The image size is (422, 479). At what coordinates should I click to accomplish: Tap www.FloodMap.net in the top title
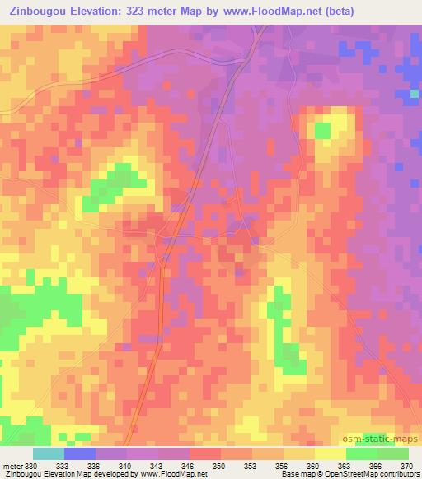pos(292,12)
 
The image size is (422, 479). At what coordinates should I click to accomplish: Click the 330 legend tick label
pos(31,466)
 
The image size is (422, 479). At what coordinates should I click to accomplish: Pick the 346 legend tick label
pos(189,466)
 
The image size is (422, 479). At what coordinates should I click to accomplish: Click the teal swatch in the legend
pos(48,453)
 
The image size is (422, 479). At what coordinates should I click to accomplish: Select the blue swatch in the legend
pos(79,453)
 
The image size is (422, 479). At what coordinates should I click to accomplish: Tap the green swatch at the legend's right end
pos(393,453)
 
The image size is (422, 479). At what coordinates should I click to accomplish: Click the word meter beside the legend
pos(12,466)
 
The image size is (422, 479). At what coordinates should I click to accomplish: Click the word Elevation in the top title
pos(106,12)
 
